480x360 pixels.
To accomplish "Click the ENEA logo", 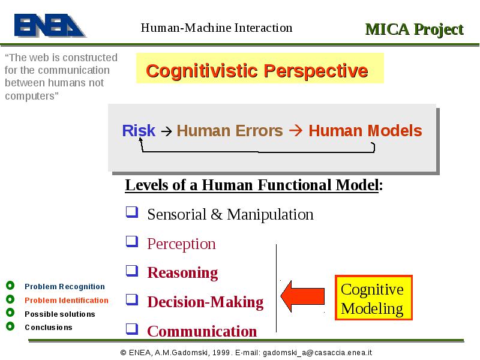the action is (x=50, y=25).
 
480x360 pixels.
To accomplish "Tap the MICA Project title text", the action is (x=415, y=29).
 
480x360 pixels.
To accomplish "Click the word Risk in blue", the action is (x=139, y=130).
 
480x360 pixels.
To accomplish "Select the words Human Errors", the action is (x=230, y=131).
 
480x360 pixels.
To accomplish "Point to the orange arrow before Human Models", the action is (x=296, y=130).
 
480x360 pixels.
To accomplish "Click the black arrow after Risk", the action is (x=167, y=131).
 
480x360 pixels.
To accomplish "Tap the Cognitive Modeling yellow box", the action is (x=374, y=298).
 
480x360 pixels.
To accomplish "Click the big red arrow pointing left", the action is (x=302, y=296).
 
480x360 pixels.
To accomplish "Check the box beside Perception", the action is (x=132, y=242).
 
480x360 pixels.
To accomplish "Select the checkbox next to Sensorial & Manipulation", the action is (x=132, y=212).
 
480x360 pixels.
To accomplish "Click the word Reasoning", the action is (x=183, y=273).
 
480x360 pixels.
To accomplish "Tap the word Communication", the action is (x=202, y=331).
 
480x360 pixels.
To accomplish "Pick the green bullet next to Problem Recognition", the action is (x=10, y=286).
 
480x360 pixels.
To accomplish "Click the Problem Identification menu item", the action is (x=67, y=301).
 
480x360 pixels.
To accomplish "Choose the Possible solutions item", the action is (x=60, y=314).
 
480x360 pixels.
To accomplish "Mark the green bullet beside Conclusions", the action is (x=10, y=326).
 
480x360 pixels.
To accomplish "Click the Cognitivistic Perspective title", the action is (x=257, y=71).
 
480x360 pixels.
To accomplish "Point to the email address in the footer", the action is (x=317, y=353).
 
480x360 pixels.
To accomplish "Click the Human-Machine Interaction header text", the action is (x=217, y=28).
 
